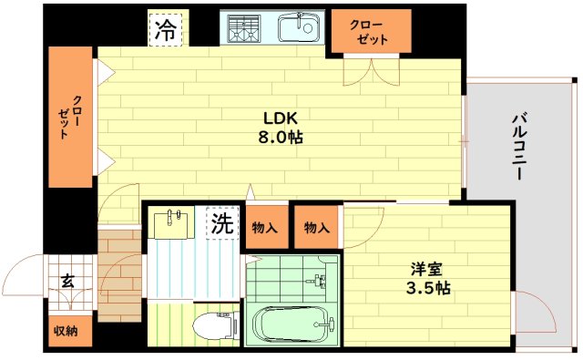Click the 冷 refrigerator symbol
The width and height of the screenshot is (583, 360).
pyautogui.click(x=166, y=29)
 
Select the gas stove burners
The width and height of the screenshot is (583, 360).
pyautogui.click(x=243, y=30)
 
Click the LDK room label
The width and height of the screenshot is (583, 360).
pyautogui.click(x=281, y=118)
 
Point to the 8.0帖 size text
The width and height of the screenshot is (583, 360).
pyautogui.click(x=281, y=138)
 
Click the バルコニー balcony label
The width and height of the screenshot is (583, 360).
pyautogui.click(x=519, y=145)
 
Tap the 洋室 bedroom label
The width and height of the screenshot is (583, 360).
pyautogui.click(x=425, y=269)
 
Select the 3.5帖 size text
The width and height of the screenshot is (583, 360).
pyautogui.click(x=425, y=288)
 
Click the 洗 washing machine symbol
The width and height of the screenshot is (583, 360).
pyautogui.click(x=222, y=223)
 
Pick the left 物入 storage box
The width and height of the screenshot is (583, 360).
pyautogui.click(x=265, y=228)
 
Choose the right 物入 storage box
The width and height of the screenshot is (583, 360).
pyautogui.click(x=317, y=228)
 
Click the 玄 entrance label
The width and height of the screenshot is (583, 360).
pyautogui.click(x=67, y=281)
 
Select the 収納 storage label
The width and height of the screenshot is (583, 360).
pyautogui.click(x=66, y=331)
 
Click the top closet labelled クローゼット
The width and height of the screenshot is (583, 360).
pyautogui.click(x=372, y=33)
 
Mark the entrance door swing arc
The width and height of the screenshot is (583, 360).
pyautogui.click(x=20, y=273)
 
